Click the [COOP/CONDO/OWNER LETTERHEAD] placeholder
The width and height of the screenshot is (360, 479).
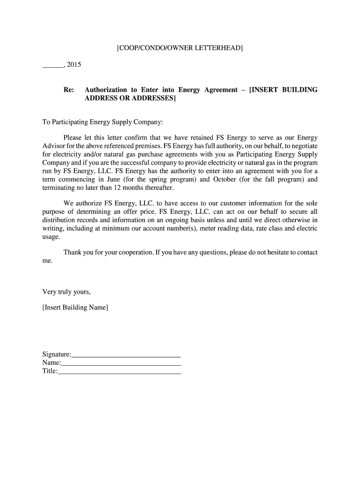pos(180,48)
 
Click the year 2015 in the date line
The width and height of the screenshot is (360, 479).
pos(74,65)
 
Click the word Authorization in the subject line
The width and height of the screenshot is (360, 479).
pos(106,89)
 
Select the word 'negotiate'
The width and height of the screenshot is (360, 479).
pos(303,146)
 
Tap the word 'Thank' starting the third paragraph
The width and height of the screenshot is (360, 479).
pos(72,252)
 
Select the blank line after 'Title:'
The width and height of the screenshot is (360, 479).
pos(119,373)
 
